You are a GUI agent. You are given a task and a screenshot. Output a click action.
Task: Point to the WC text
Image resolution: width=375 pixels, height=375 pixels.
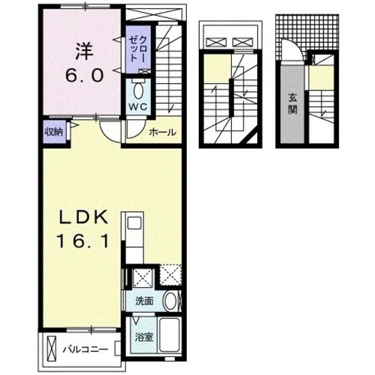139,105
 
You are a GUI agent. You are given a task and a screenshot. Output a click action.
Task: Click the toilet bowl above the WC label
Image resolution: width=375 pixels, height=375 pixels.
139,90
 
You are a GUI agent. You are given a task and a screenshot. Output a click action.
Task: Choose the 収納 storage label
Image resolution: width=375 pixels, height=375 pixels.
54,132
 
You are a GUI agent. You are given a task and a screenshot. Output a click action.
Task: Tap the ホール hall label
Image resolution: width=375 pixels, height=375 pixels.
163,132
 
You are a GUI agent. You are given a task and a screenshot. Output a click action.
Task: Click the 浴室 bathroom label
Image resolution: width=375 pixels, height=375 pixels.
143,337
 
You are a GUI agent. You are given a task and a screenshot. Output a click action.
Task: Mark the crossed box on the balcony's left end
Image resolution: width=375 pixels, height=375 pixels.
52,349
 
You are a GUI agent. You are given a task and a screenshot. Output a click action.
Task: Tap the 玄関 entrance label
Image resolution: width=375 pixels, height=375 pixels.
293,102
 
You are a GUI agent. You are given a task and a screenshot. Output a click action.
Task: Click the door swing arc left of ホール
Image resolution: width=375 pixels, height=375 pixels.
114,133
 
